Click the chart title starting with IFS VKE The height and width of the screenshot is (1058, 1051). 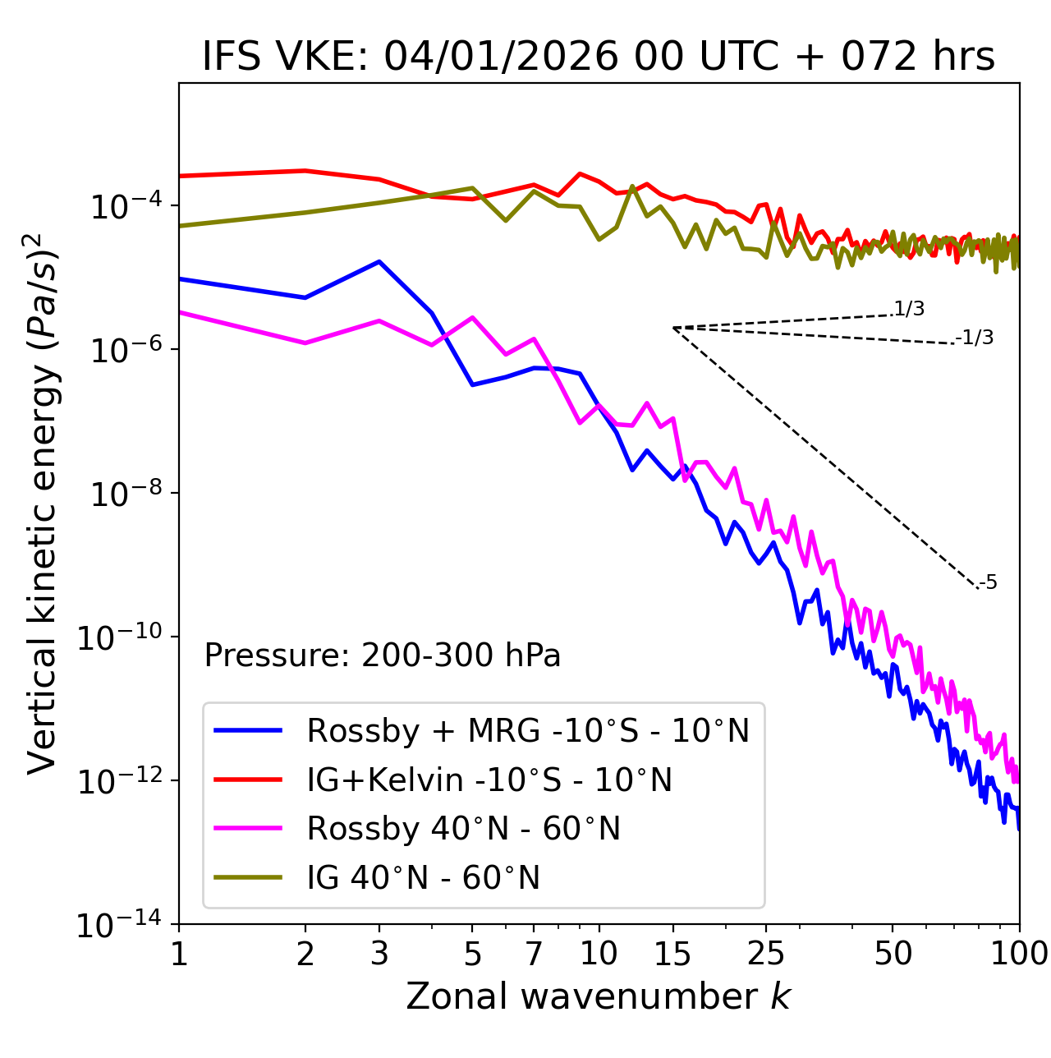[x=599, y=57]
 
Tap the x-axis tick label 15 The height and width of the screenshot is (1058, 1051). [x=673, y=954]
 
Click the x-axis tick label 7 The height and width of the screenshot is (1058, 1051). [x=534, y=954]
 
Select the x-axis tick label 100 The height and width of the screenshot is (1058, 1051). [x=1019, y=954]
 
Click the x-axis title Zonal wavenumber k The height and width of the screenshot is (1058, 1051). [x=599, y=996]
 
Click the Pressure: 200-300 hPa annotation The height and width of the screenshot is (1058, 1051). [x=382, y=655]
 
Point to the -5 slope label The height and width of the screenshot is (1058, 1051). [x=989, y=583]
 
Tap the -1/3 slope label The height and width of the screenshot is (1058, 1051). [x=976, y=338]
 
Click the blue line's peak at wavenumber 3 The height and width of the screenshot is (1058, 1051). [x=379, y=261]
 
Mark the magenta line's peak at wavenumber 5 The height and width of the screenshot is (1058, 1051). [x=472, y=317]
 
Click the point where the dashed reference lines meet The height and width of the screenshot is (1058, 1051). [x=673, y=328]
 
